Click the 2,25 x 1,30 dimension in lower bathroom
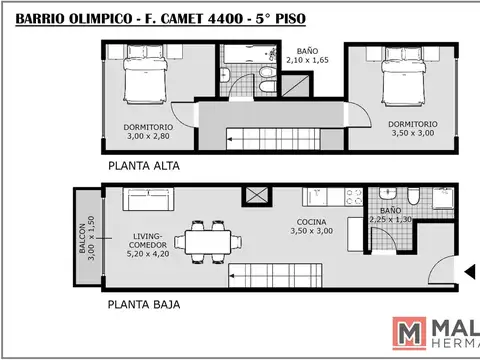391,219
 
